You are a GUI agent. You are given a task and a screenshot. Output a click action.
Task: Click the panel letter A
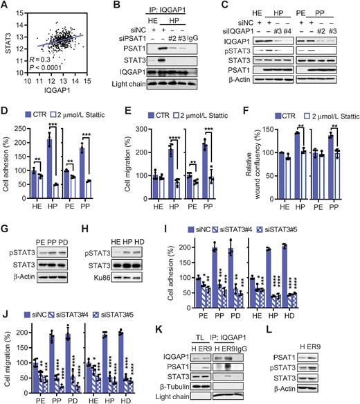[x=5, y=6]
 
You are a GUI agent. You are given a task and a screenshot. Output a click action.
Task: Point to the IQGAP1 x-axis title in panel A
[x=63, y=100]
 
